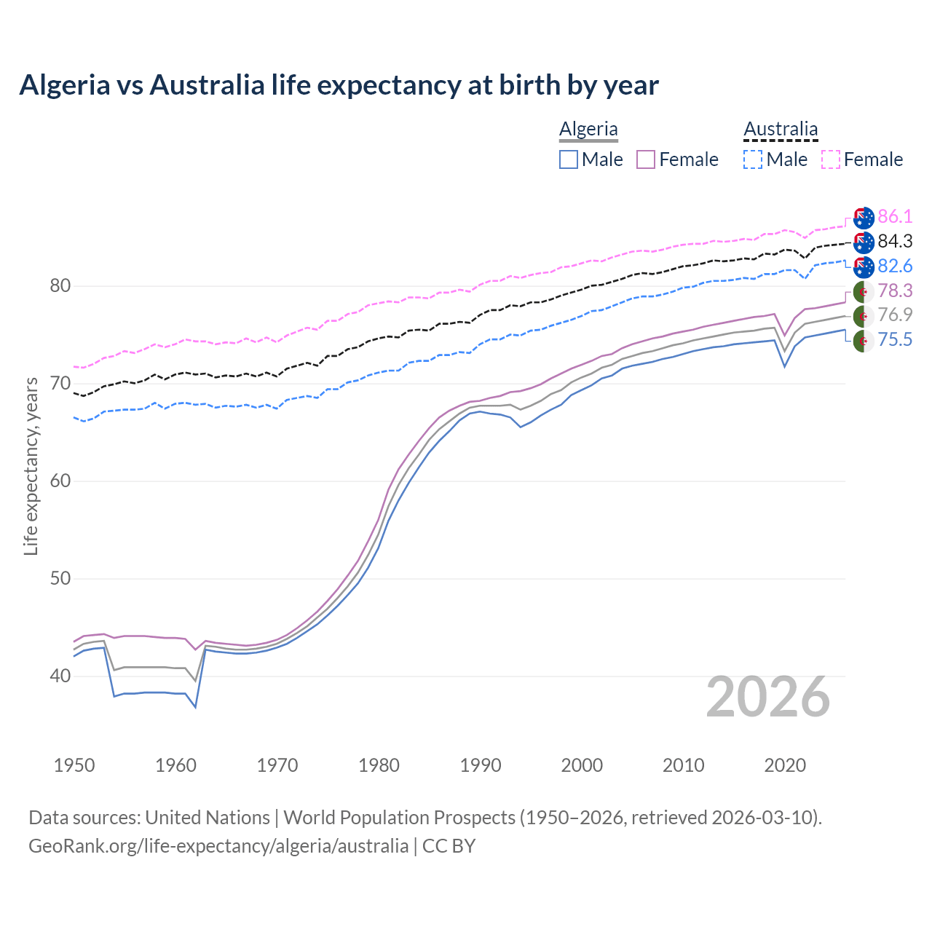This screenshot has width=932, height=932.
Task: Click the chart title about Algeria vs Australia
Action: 339,85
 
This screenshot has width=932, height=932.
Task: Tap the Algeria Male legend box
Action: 569,159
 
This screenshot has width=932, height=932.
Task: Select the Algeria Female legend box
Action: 647,159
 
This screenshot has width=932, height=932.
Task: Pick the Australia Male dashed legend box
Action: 753,159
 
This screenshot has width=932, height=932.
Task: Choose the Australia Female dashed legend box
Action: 831,159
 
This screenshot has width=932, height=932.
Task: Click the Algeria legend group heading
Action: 588,129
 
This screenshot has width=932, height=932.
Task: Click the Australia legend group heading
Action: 781,129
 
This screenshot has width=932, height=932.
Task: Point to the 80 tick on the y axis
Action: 60,286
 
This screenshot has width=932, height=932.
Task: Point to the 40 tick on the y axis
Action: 60,676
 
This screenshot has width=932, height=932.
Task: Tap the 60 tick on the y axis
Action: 60,481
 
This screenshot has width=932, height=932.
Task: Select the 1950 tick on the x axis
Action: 74,765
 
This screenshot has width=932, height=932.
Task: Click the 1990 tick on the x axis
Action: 481,765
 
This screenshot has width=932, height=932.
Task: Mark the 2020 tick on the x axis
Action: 785,765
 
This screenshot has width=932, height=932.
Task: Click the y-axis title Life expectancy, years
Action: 31,466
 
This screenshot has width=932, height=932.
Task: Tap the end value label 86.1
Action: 895,216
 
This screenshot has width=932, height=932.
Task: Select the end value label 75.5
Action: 895,339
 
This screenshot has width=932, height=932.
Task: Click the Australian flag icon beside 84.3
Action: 864,241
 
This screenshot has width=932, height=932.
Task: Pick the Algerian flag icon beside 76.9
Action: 864,315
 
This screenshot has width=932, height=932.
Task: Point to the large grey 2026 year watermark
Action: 768,697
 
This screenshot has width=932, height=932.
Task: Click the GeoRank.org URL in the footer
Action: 218,846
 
